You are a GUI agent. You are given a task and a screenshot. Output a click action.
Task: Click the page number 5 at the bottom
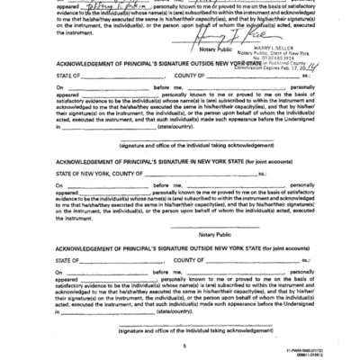tap(181, 344)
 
